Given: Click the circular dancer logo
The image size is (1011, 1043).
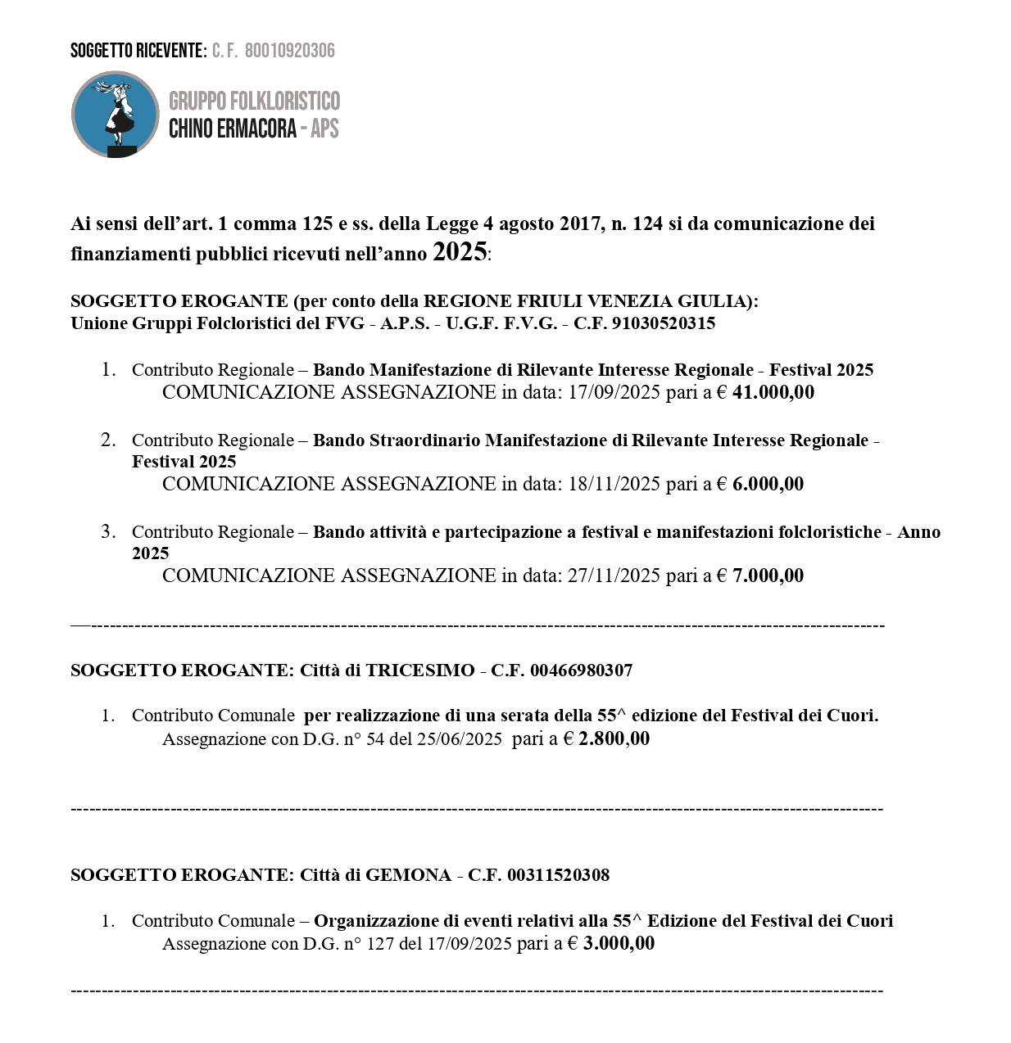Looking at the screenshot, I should (115, 115).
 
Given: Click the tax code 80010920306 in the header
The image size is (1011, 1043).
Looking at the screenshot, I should (289, 51).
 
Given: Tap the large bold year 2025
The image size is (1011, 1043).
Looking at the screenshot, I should (460, 251).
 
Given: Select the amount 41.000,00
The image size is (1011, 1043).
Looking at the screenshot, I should (773, 392).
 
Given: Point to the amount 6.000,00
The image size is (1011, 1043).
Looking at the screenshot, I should (768, 484).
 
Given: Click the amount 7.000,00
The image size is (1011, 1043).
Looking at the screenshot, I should (768, 576).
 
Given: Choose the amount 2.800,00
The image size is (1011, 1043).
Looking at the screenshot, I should (614, 738).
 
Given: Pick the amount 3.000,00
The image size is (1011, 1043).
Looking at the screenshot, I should (619, 943).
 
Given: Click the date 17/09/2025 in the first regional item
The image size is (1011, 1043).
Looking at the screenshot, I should (614, 392).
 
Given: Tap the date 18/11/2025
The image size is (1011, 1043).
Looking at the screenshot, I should (614, 484).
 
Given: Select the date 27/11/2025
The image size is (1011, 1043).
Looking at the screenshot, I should (614, 576).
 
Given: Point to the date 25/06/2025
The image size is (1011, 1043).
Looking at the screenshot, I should (459, 738).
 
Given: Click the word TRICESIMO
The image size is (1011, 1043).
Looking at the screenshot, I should (419, 670).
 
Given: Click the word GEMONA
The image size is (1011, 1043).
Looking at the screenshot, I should (408, 875).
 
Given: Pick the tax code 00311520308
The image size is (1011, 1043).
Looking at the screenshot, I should (558, 875).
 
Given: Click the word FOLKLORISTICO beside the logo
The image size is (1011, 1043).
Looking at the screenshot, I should (284, 102).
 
